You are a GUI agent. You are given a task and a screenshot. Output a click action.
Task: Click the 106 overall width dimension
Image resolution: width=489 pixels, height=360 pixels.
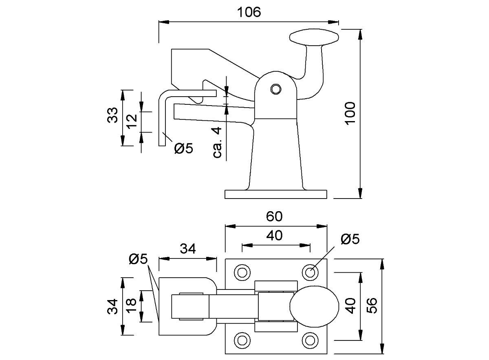(x=249, y=12)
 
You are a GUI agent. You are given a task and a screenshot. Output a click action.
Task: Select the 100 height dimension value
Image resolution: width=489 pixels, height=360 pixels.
(x=350, y=113)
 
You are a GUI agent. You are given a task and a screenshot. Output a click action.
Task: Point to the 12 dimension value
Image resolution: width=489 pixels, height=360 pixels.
(x=131, y=121)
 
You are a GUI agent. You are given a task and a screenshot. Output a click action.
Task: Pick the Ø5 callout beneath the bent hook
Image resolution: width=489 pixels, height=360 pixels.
(x=183, y=148)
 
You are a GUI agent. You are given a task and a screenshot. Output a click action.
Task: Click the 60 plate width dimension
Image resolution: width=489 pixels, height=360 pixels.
(x=275, y=216)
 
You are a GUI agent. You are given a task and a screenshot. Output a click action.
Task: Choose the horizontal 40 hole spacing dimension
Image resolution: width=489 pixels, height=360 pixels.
(x=275, y=236)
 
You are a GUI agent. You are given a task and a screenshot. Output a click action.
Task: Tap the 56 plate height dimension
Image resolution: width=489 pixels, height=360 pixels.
(x=372, y=305)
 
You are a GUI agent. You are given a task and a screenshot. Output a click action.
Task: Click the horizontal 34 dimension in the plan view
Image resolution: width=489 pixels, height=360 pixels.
(x=188, y=248)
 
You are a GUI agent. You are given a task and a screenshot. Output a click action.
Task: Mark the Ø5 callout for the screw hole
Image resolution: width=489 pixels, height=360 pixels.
(x=350, y=239)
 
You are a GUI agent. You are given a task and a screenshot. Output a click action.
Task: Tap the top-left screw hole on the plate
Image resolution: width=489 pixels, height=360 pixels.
(x=242, y=272)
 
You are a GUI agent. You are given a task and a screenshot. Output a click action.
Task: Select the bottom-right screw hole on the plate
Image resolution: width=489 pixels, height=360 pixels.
(x=311, y=340)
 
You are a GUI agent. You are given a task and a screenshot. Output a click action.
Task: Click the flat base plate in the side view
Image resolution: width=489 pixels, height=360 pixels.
(x=276, y=194)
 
